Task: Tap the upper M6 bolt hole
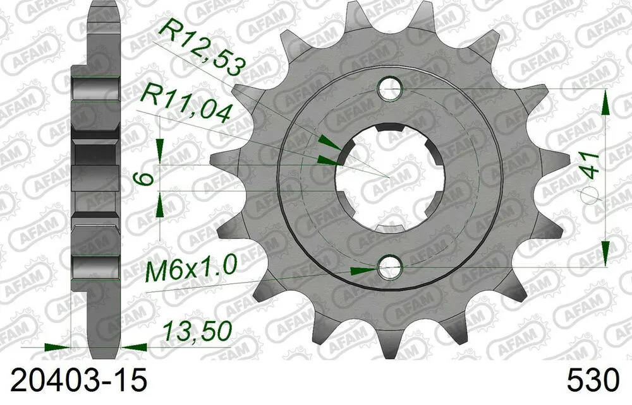pos(389,90)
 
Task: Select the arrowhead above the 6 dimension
pos(161,151)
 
